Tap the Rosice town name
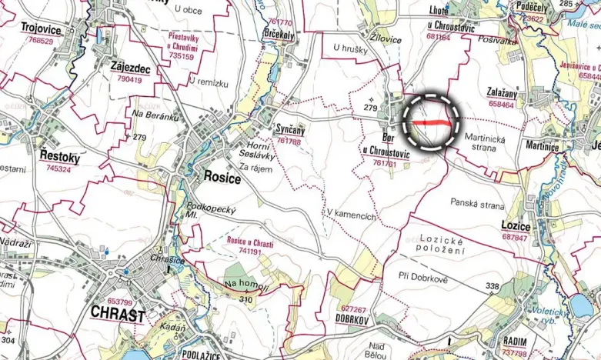[x=222, y=178]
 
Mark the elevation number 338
[x=492, y=286]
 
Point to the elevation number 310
[x=245, y=298]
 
